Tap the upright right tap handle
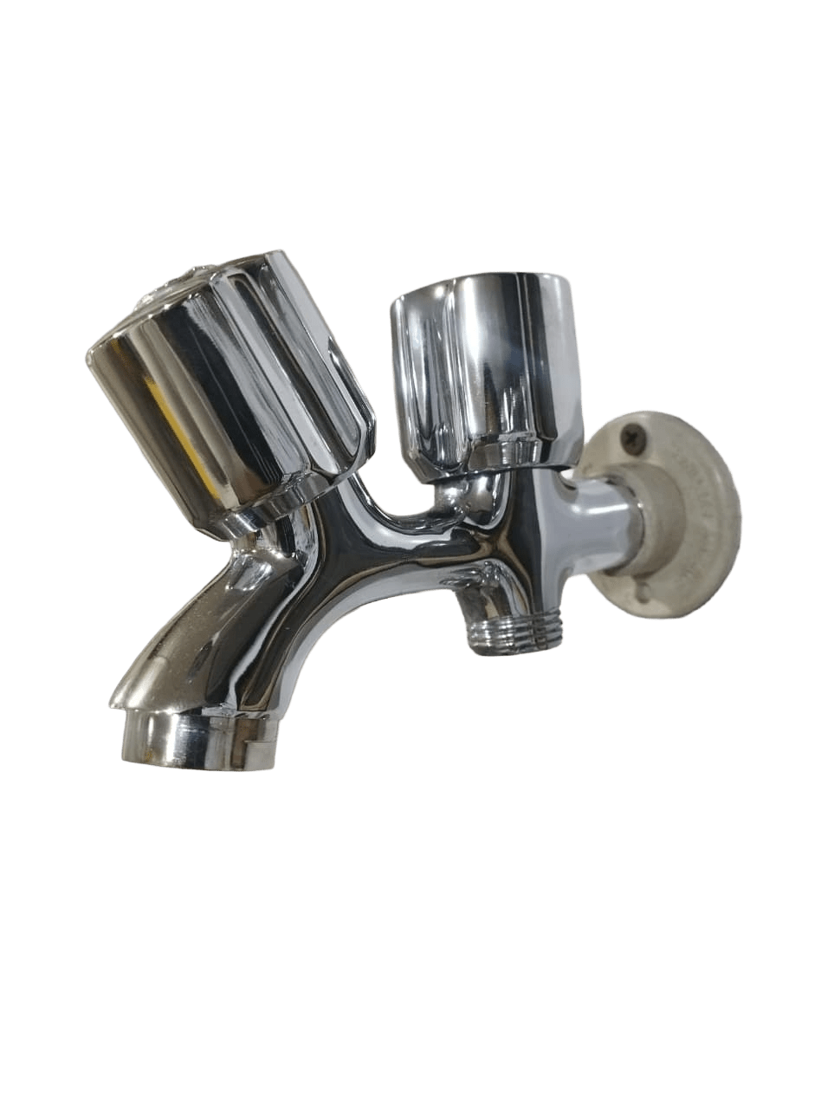coord(485,364)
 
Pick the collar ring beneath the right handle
coord(502,455)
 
